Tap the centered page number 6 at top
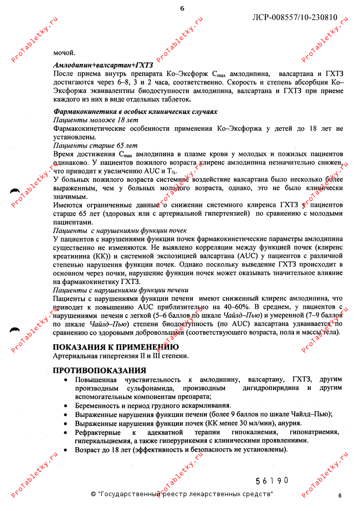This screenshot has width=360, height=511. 182,8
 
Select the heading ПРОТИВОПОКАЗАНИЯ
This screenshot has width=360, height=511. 100,370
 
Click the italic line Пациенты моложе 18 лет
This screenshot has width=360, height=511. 96,119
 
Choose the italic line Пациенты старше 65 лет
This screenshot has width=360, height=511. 96,145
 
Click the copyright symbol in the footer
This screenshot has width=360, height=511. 93,494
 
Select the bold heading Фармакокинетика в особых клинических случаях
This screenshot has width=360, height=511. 136,111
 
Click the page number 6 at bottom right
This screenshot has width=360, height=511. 339,495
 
